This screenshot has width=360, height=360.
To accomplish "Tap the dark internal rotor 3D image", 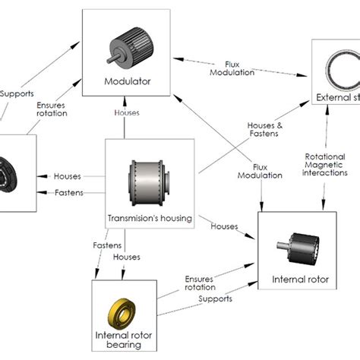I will (304, 247).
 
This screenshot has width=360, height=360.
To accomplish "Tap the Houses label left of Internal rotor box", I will (226, 227).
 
